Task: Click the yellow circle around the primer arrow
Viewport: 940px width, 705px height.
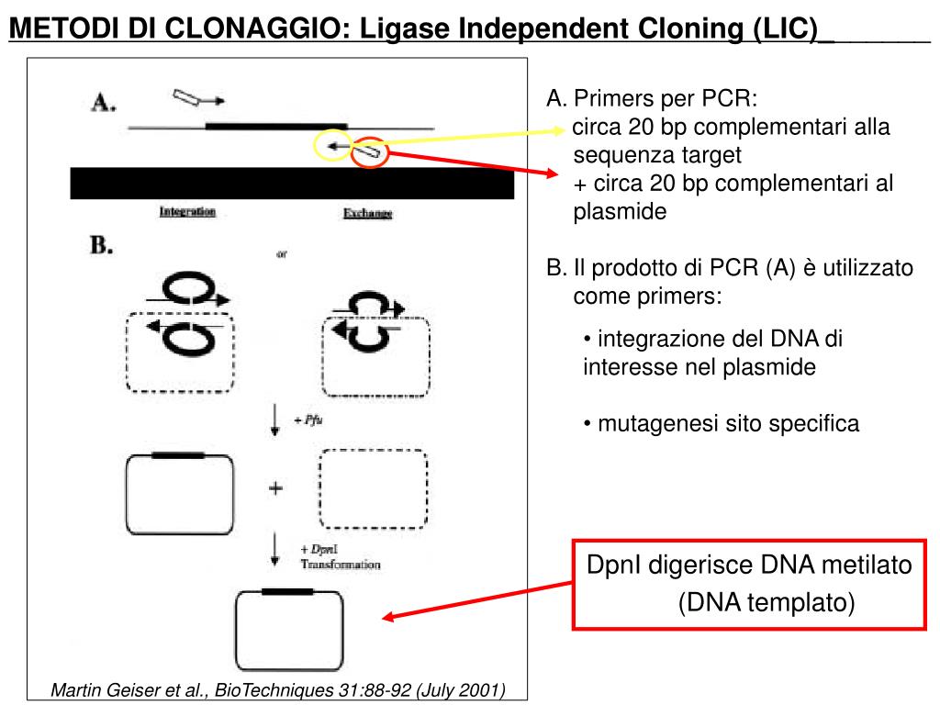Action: click(331, 146)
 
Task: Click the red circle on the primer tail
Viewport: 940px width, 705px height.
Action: click(372, 152)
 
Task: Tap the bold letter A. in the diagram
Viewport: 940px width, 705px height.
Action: click(102, 103)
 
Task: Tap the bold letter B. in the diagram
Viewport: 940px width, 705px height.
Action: click(101, 245)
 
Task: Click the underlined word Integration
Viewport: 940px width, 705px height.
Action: click(187, 212)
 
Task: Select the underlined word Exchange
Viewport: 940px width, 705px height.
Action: click(367, 213)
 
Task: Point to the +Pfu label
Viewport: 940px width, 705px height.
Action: click(308, 420)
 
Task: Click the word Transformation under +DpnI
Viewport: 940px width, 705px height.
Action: click(340, 565)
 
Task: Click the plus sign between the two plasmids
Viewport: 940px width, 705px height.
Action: click(274, 488)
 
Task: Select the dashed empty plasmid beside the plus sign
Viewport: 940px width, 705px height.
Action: click(373, 489)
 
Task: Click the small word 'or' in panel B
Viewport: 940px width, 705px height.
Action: click(283, 254)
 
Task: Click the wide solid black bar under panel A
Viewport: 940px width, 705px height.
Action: click(292, 183)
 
